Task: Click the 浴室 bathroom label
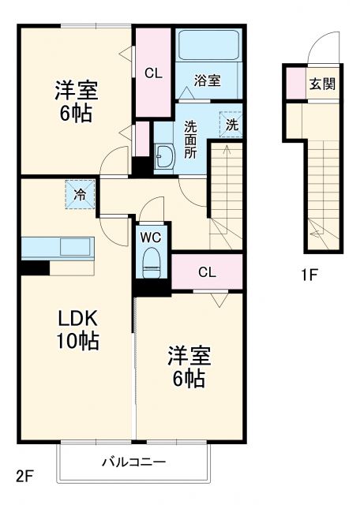click(x=208, y=80)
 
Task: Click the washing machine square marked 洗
click(x=231, y=124)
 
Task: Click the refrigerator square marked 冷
click(x=80, y=193)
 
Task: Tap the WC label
click(x=152, y=235)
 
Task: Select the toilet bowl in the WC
click(x=151, y=264)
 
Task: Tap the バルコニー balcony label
click(x=133, y=462)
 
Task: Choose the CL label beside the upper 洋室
click(x=153, y=73)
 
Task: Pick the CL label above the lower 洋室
click(x=207, y=273)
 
